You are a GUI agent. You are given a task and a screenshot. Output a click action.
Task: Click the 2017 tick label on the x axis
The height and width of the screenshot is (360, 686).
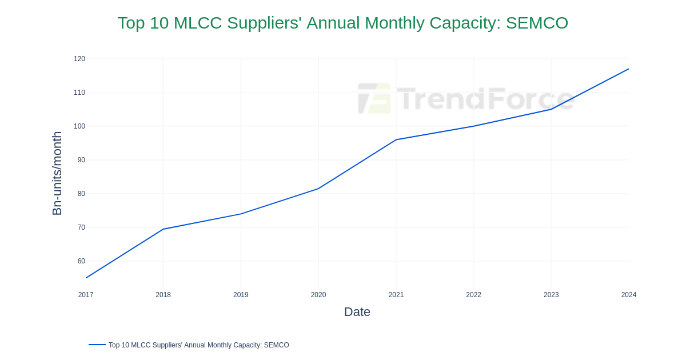pos(86,295)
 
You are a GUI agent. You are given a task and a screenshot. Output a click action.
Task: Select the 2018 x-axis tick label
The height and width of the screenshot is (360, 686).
pos(163,295)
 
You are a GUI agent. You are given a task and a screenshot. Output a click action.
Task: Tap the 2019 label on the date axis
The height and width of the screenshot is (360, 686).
pos(241,295)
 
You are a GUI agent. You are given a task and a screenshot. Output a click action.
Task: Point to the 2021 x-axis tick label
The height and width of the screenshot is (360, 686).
pos(396,295)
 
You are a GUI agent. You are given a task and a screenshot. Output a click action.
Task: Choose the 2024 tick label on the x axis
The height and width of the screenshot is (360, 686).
pos(628,295)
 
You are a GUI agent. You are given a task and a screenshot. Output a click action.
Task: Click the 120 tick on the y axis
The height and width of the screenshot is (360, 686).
pos(79,59)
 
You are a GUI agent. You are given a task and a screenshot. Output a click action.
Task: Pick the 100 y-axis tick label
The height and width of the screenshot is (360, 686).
pos(79,126)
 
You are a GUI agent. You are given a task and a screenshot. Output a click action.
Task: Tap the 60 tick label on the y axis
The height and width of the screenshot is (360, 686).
pos(81,261)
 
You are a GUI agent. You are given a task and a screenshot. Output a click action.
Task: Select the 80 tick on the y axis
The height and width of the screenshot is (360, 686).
pos(81,194)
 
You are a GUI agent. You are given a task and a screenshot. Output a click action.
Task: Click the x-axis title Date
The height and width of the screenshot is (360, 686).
pos(357,312)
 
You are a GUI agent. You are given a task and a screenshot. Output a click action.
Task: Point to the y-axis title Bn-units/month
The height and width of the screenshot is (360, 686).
pos(57,173)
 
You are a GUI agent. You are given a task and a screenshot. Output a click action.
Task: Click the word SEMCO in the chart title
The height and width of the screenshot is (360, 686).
pos(537,23)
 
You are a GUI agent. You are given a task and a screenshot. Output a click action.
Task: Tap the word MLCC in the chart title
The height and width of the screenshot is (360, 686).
pos(197,23)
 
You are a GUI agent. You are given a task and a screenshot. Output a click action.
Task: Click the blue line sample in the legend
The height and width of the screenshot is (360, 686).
pos(97,345)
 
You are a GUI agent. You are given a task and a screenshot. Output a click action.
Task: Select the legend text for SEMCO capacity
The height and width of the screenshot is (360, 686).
pos(198,345)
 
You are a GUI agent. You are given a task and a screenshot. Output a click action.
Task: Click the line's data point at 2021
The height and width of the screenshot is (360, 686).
pos(396,139)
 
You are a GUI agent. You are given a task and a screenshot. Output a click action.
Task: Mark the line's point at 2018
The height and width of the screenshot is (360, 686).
pos(163,229)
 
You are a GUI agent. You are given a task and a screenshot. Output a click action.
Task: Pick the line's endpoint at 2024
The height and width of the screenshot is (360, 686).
pos(628,69)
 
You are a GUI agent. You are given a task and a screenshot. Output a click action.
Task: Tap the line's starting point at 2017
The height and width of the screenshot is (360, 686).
pos(86,278)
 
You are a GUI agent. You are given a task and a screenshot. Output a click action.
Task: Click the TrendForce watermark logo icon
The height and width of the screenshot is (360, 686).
pos(374,98)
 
